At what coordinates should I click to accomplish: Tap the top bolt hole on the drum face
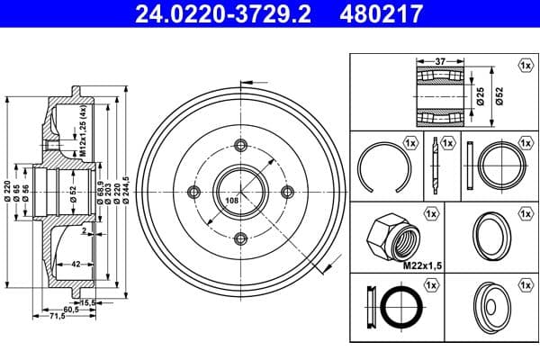(240, 145)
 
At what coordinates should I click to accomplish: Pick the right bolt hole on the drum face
(287, 192)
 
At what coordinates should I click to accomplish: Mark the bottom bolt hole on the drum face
(240, 238)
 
